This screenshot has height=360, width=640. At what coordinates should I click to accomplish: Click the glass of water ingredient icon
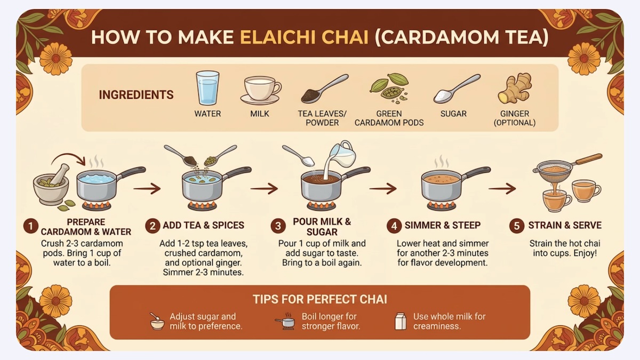[x=207, y=87]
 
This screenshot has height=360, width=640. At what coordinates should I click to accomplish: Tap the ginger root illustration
[x=515, y=87]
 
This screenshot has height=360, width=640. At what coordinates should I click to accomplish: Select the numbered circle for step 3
[x=278, y=226]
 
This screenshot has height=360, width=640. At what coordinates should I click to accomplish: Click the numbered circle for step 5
[x=517, y=226]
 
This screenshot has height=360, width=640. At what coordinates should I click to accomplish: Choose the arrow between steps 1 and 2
[x=147, y=189]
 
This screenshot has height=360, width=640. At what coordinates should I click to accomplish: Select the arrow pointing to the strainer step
[x=502, y=189]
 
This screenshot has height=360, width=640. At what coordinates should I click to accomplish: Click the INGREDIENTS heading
[x=136, y=94]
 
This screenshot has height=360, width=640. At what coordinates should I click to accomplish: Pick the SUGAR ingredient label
[x=453, y=114]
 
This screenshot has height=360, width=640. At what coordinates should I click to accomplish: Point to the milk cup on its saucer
[x=261, y=90]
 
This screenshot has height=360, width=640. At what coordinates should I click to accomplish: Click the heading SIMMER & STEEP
[x=443, y=225]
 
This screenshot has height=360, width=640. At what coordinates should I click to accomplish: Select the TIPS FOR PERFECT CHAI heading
[x=319, y=299]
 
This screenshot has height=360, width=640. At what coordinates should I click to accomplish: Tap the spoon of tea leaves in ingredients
[x=325, y=89]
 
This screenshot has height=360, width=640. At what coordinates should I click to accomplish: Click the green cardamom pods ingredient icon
[x=389, y=87]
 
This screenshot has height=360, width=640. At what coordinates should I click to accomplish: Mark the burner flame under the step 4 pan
[x=442, y=205]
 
